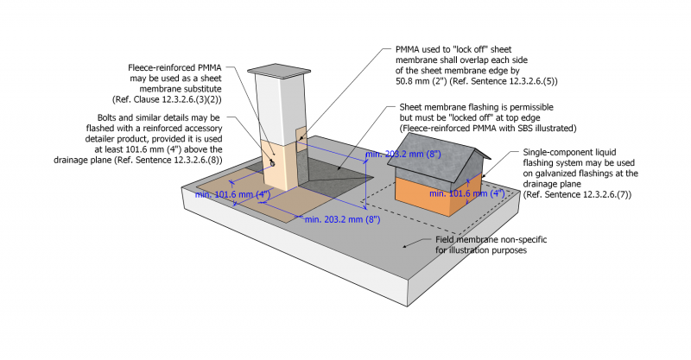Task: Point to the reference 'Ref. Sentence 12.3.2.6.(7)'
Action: click(574, 196)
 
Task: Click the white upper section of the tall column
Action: click(276, 104)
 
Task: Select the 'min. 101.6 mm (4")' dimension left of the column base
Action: click(234, 194)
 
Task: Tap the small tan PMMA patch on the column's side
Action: click(301, 136)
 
